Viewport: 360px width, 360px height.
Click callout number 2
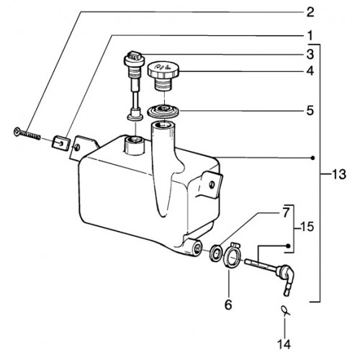[310, 12]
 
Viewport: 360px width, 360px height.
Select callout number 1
[310, 36]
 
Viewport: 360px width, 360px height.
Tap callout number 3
[310, 55]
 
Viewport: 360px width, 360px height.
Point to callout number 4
[310, 71]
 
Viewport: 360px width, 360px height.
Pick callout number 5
[310, 111]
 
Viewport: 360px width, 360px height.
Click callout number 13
[339, 174]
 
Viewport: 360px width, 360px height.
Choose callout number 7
[285, 212]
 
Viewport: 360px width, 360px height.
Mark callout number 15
[307, 226]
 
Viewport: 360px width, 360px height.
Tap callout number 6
[228, 305]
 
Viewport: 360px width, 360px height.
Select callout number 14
[284, 344]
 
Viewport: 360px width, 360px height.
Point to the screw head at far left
[17, 131]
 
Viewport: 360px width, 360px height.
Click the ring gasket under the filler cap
[163, 112]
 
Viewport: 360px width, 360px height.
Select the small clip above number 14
[285, 310]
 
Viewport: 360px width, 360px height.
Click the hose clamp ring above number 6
[233, 258]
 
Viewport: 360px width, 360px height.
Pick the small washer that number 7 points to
[215, 252]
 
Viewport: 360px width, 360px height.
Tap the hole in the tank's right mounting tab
[212, 184]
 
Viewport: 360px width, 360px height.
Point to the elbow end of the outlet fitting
[287, 279]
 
